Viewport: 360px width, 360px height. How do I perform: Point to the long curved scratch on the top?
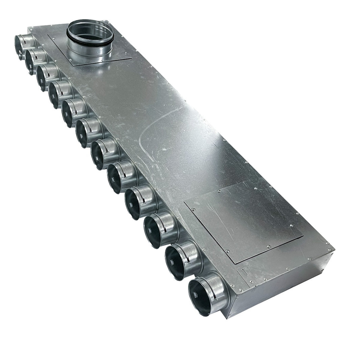[149, 132]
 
